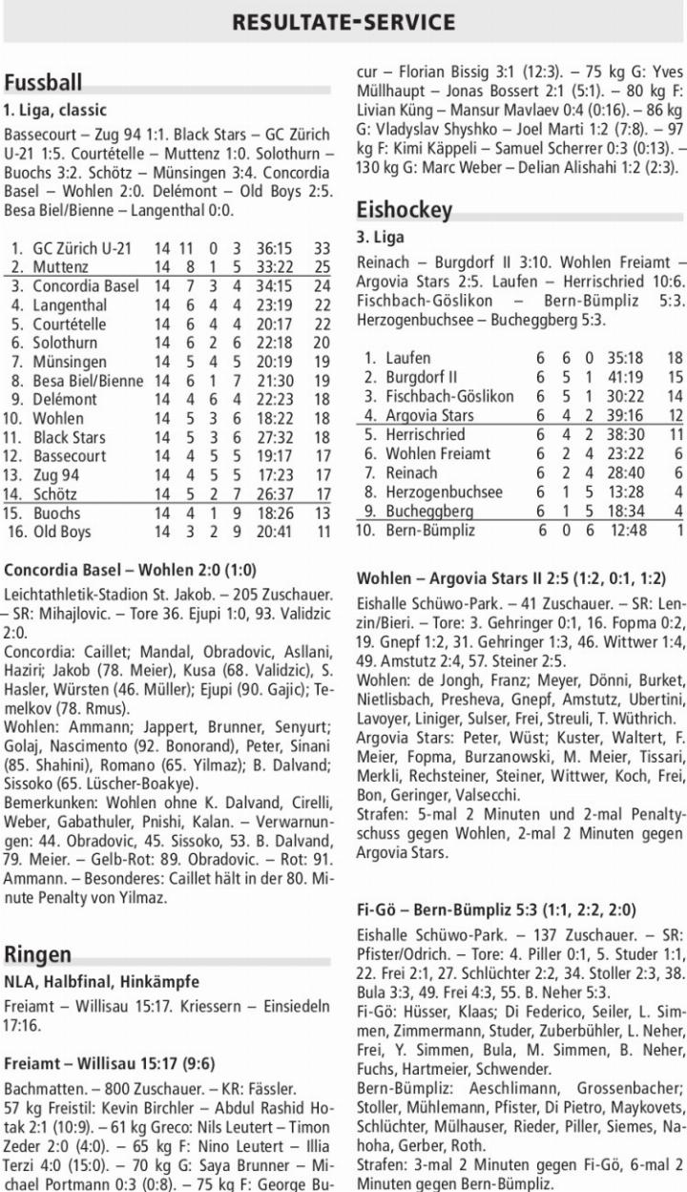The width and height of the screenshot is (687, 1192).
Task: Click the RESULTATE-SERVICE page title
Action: pyautogui.click(x=343, y=21)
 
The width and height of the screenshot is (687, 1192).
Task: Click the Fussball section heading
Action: pyautogui.click(x=43, y=82)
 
